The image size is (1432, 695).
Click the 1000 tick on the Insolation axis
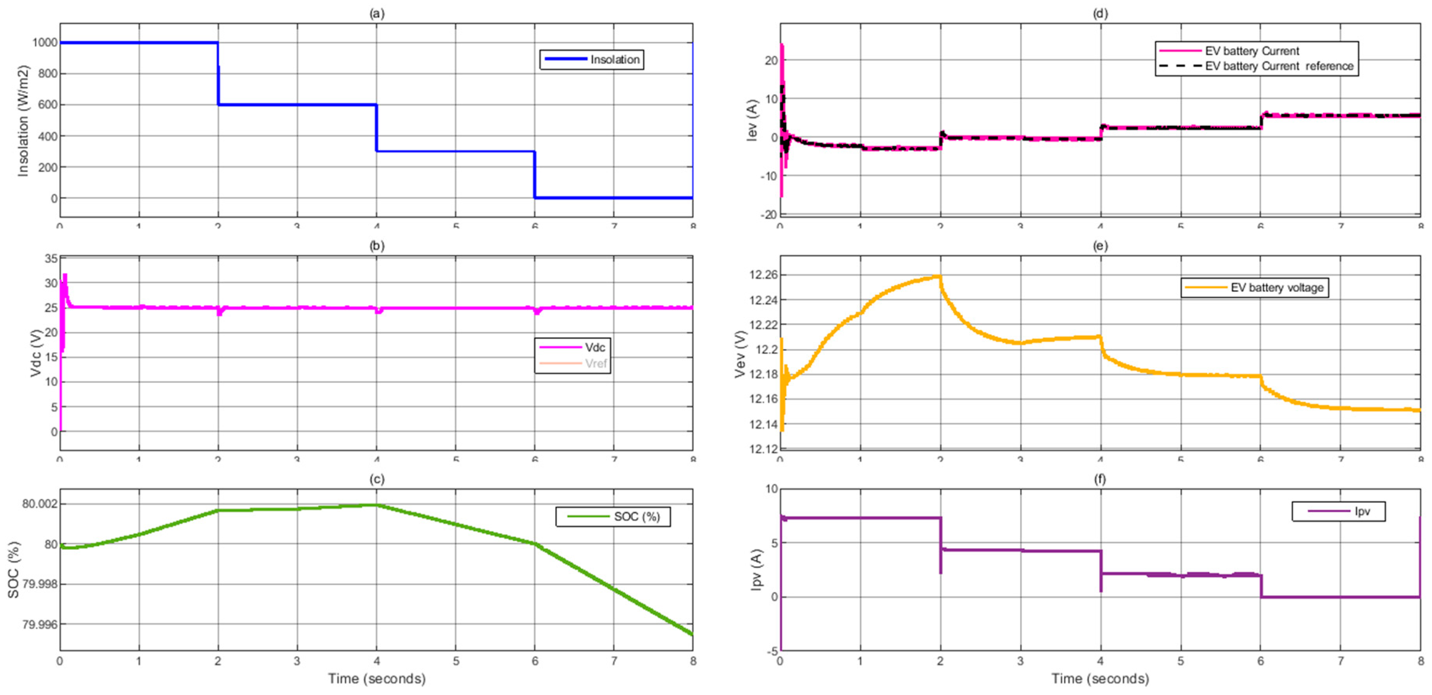click(x=45, y=42)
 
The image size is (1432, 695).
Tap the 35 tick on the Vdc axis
click(x=51, y=259)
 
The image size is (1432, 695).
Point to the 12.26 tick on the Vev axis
click(x=763, y=275)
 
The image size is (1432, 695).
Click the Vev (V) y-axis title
click(x=740, y=354)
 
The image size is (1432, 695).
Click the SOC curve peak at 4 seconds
click(x=376, y=505)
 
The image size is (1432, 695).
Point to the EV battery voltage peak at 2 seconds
click(x=939, y=276)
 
